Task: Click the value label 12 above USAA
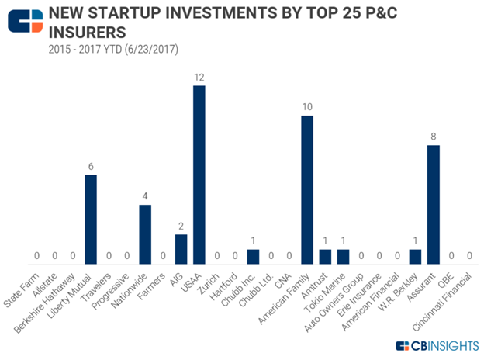[x=199, y=78]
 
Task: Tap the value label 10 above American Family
[x=307, y=108]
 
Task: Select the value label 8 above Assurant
[x=434, y=137]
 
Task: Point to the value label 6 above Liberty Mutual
[x=91, y=168]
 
